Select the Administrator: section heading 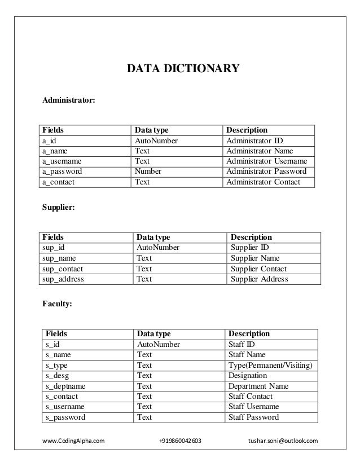click(x=69, y=100)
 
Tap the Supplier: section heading click(x=59, y=208)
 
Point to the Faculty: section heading click(x=57, y=305)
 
